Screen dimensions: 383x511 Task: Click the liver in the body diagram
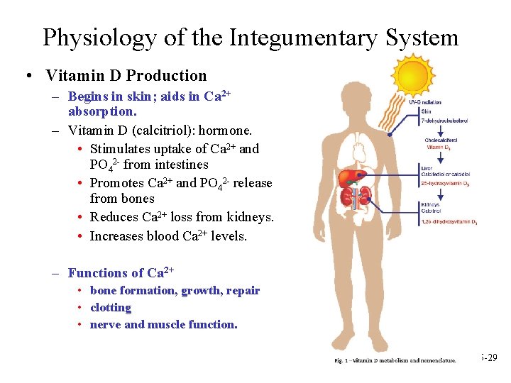click(x=350, y=177)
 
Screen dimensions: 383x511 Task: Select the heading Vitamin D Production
click(x=126, y=76)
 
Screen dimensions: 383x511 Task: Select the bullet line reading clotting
click(x=111, y=308)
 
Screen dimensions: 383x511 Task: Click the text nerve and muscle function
click(x=164, y=325)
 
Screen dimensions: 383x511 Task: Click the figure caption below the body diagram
click(x=395, y=361)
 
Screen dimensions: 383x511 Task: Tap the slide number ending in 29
click(x=490, y=358)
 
